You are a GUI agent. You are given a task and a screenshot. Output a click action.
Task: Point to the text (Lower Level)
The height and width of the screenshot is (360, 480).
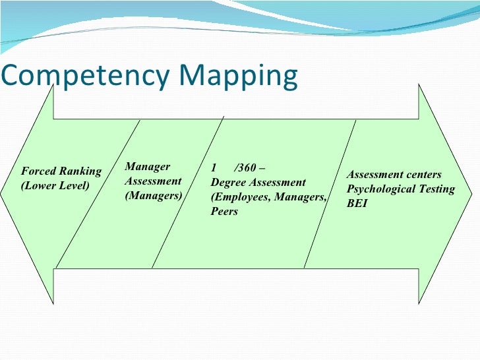[x=55, y=185]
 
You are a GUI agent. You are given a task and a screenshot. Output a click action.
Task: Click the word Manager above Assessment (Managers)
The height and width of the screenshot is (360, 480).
[x=148, y=167]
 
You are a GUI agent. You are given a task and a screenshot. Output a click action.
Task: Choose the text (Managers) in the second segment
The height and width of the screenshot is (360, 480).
[x=154, y=196]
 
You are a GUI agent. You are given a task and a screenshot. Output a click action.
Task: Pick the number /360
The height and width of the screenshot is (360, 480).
[x=248, y=167]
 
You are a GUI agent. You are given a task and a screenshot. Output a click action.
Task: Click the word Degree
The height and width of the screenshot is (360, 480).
[x=229, y=182]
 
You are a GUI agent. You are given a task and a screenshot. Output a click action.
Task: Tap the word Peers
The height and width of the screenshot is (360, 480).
[x=225, y=212]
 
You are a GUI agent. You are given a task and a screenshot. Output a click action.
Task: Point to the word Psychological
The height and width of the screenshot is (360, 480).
[x=381, y=189]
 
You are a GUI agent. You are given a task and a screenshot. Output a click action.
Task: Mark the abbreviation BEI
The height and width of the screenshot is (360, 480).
[x=357, y=204]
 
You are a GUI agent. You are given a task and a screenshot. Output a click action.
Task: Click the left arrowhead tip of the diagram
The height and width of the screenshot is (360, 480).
[x=3, y=195]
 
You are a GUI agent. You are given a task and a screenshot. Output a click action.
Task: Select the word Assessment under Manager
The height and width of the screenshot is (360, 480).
[x=153, y=181]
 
